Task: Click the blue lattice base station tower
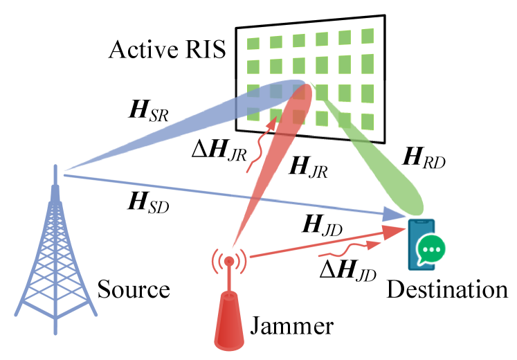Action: pos(55,270)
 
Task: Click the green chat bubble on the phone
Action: pos(430,249)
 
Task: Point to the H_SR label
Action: pos(148,111)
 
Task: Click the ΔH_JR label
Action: pos(219,150)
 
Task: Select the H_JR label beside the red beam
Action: pos(307,167)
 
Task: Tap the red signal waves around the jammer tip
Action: pos(229,261)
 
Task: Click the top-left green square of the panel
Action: pos(253,44)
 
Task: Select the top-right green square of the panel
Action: pos(368,36)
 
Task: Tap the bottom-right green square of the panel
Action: pos(368,122)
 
